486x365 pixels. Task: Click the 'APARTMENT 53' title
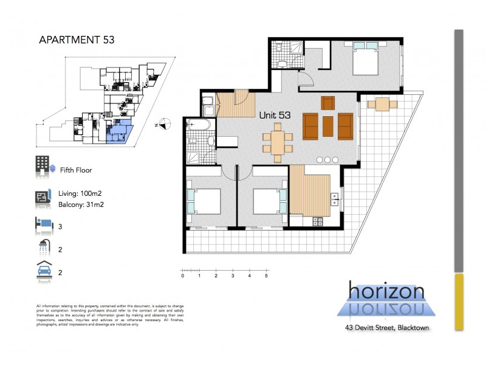(x=76, y=41)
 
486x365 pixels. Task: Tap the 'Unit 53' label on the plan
(x=275, y=114)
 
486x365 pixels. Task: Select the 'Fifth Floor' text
(x=76, y=171)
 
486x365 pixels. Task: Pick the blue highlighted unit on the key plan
(x=120, y=133)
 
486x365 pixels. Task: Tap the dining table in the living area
(x=276, y=142)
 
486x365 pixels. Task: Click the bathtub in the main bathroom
(x=199, y=126)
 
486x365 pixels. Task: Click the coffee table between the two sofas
(x=328, y=125)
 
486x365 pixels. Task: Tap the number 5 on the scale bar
(x=266, y=276)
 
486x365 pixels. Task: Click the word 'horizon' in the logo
(x=386, y=291)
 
